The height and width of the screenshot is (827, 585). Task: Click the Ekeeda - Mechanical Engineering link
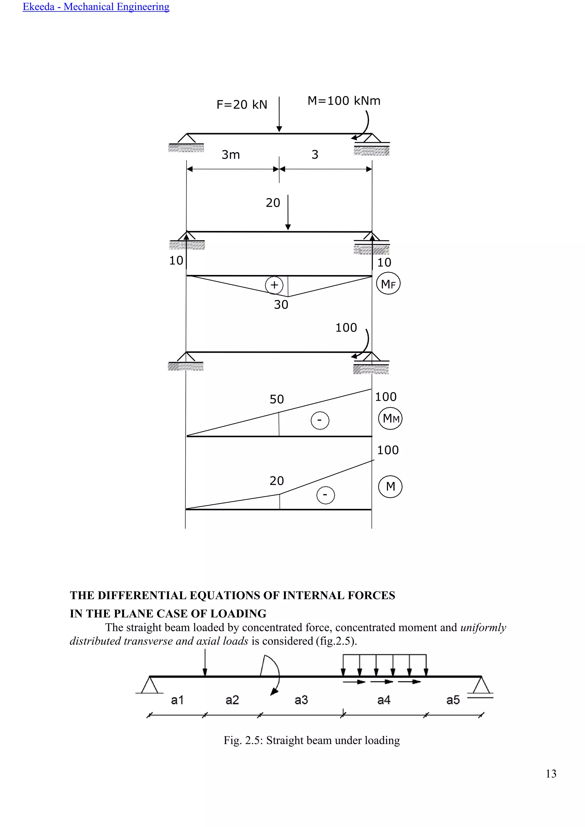pos(96,7)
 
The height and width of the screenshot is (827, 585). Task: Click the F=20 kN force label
pos(242,105)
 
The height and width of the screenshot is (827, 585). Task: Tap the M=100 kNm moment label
pos(344,101)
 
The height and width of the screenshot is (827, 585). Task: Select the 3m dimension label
pos(231,155)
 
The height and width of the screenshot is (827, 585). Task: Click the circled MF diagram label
pos(388,284)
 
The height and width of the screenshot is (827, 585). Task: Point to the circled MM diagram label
pos(390,419)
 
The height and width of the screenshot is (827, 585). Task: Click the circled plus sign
pos(274,285)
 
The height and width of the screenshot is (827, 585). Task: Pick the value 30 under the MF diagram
pos(281,305)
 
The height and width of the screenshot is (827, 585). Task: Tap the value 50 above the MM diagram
pos(277,399)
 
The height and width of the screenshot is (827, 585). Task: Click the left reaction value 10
pos(176,260)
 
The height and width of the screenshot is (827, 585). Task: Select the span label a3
pos(301,700)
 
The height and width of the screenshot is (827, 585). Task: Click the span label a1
pos(177,700)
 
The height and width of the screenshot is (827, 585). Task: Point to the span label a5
pos(453,700)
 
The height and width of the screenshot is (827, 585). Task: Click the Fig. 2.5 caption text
pos(312,740)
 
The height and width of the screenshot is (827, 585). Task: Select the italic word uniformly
pos(483,627)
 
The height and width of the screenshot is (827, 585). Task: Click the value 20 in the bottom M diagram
pos(277,481)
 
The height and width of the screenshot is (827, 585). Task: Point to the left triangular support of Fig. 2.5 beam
pos(149,685)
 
